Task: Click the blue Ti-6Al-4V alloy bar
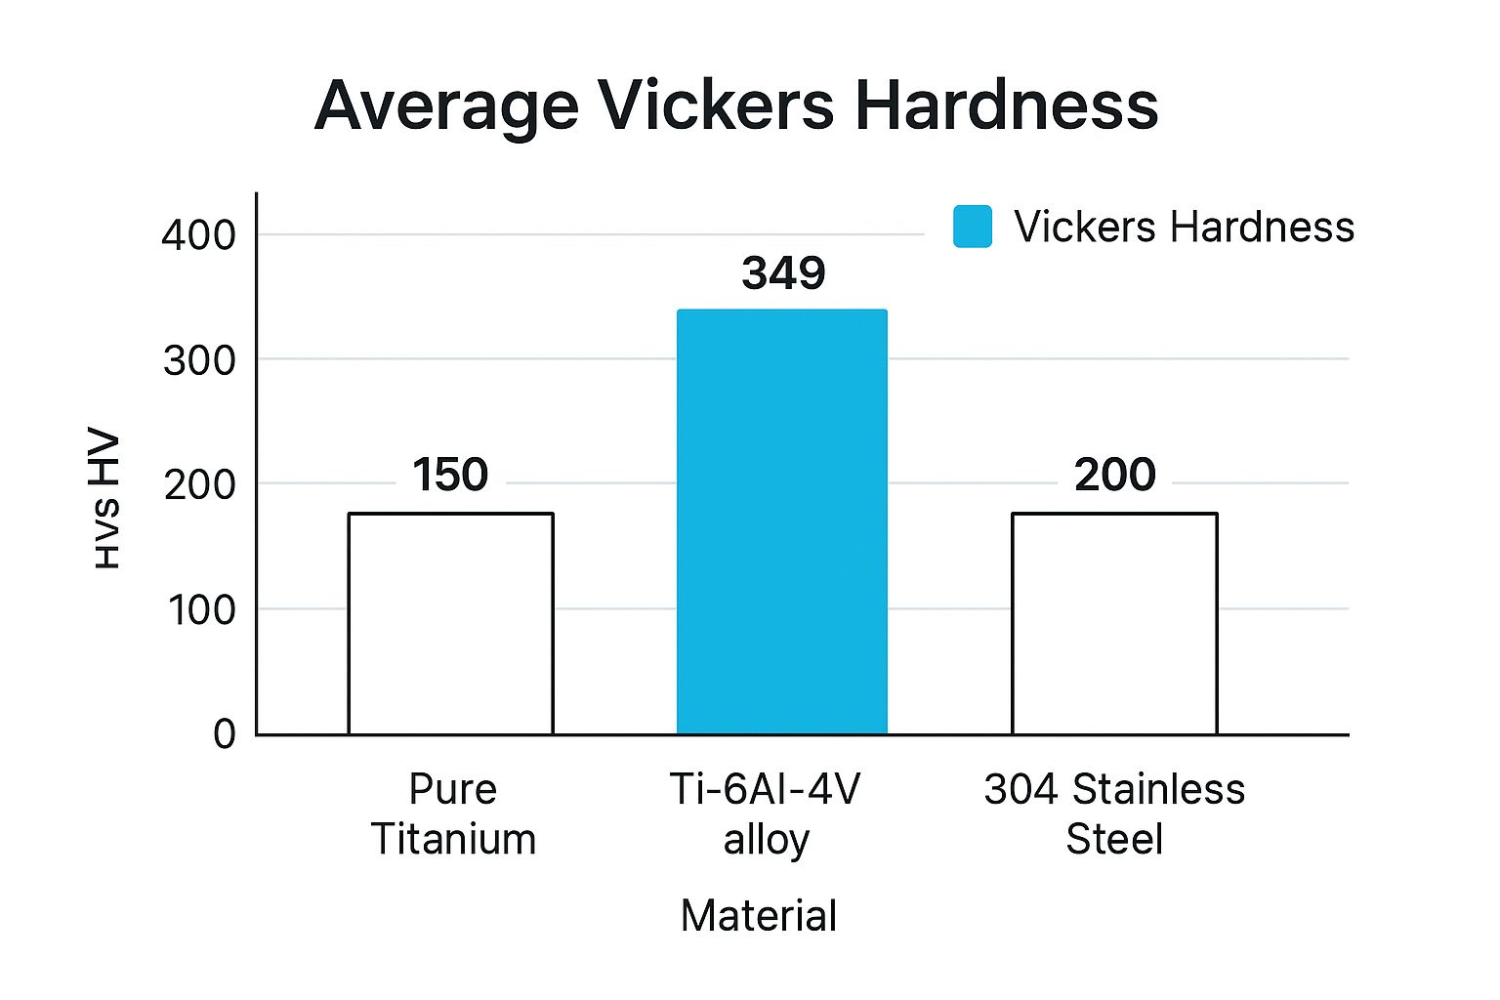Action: coord(782,521)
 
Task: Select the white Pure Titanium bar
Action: coord(450,624)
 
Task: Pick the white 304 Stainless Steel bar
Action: coord(1114,624)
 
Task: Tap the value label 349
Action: coord(783,273)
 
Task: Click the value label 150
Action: coord(450,475)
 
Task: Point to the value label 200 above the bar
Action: coord(1115,475)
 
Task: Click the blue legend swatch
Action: coord(973,227)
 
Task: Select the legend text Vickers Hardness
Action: coord(1184,227)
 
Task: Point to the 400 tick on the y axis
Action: coord(198,235)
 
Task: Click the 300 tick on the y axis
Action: coord(199,361)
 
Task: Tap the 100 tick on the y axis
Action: coord(201,611)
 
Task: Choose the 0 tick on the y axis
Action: coord(225,734)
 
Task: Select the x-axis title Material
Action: coord(759,916)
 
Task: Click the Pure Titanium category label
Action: coord(453,813)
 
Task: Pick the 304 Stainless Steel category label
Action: coord(1114,813)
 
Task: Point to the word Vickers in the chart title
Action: coord(716,105)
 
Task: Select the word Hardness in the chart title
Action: coord(1007,105)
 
